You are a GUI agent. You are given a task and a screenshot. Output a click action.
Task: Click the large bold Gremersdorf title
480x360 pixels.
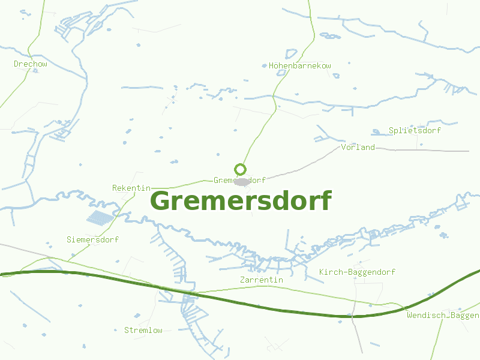tap(240, 201)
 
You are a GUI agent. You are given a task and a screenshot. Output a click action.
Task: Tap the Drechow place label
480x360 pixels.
tap(31, 64)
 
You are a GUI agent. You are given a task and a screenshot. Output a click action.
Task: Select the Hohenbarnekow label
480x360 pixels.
tap(300, 65)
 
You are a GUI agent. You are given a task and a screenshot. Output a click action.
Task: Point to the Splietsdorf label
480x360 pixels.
tap(415, 130)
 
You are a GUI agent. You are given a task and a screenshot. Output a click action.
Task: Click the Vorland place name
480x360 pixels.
tap(358, 147)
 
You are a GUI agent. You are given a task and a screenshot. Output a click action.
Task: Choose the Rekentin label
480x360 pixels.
tap(131, 188)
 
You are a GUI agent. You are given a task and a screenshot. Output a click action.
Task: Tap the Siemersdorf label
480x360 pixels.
tap(92, 239)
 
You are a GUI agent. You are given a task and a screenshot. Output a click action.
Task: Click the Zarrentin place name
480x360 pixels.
tap(261, 280)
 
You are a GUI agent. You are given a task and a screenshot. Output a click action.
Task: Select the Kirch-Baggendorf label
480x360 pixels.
tap(357, 272)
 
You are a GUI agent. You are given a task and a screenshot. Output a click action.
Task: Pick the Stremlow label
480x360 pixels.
tap(143, 330)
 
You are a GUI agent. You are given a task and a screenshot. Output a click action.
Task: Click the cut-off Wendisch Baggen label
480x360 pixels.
tap(443, 315)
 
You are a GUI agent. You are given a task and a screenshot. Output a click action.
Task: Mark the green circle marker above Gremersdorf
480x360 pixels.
tap(240, 169)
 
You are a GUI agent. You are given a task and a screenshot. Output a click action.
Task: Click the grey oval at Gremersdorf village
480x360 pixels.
tap(241, 181)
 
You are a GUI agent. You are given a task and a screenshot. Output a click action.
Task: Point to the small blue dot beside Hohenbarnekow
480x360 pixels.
tap(264, 65)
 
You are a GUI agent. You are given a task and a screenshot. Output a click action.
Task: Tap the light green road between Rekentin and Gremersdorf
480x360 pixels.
tap(180, 184)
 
